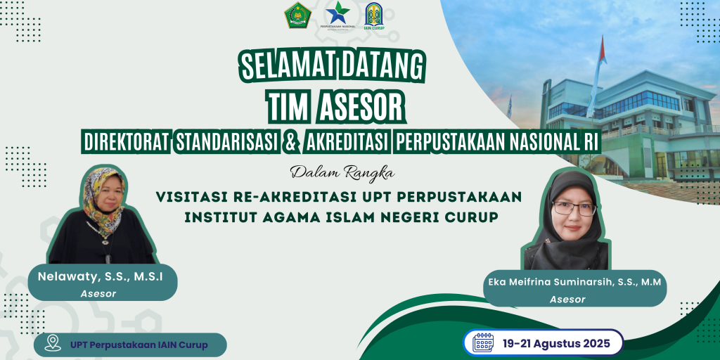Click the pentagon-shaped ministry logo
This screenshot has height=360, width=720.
[297, 15]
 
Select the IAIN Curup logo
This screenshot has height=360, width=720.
[374, 16]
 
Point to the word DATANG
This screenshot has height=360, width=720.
[382, 67]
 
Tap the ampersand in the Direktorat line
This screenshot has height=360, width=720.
[289, 143]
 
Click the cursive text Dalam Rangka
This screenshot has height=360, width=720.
[342, 173]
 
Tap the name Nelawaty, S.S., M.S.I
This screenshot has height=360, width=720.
[101, 276]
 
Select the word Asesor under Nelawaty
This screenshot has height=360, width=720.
[98, 293]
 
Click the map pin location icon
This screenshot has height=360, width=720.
[53, 342]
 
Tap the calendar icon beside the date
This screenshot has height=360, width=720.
[483, 342]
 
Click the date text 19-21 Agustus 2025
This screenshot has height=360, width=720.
[556, 343]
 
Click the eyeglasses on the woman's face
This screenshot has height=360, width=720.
[574, 209]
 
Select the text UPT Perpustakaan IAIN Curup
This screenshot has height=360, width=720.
[139, 345]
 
